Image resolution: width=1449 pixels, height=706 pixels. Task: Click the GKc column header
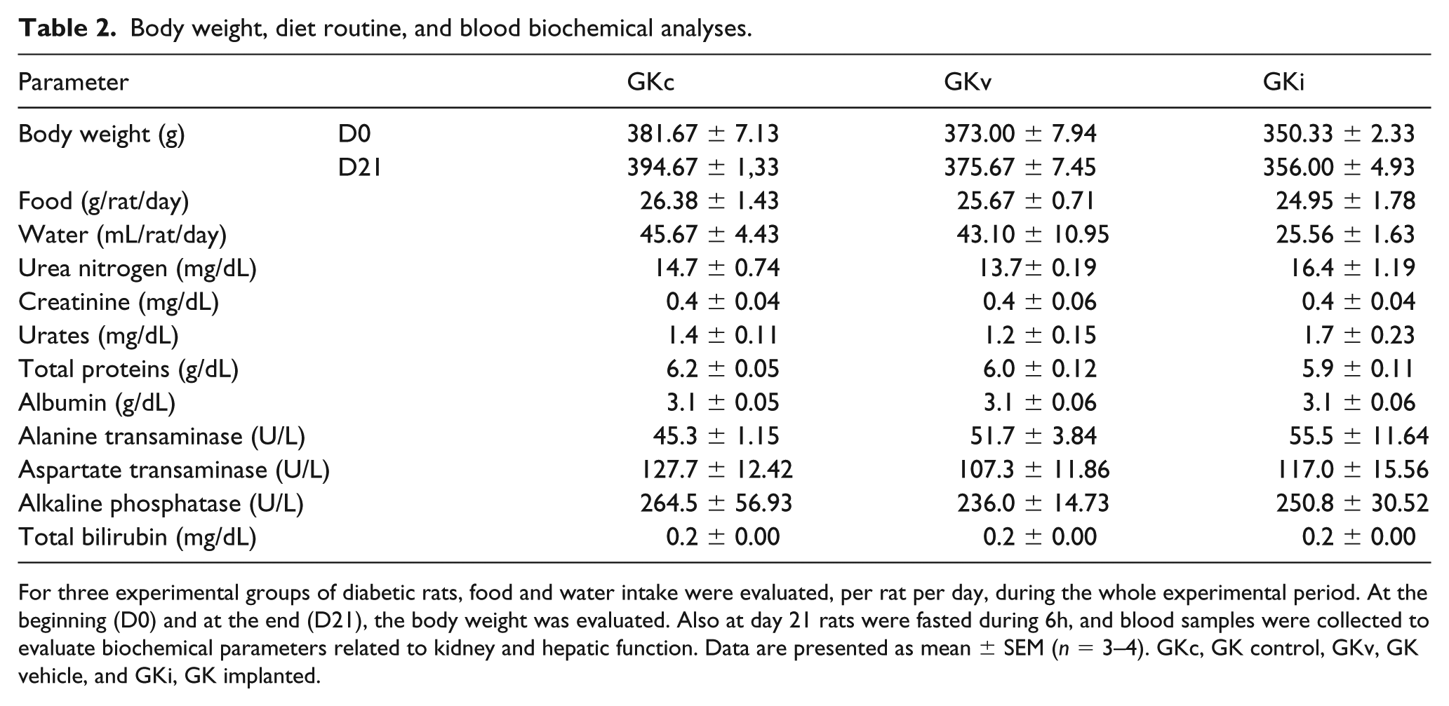650,83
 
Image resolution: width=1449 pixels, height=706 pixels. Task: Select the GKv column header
968,83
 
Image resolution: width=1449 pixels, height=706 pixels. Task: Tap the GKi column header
1283,83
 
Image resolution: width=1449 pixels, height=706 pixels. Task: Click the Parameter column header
74,83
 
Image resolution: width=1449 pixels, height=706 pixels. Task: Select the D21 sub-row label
360,168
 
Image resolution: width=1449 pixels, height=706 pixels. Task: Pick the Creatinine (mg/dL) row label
119,302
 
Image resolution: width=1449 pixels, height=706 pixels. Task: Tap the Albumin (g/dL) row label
97,403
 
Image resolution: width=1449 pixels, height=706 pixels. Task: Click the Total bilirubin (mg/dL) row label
138,538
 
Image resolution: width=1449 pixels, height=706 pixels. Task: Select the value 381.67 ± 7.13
703,134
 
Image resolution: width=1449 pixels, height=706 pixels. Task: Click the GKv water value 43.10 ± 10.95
1033,235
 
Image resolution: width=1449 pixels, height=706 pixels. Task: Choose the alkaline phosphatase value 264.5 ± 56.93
716,504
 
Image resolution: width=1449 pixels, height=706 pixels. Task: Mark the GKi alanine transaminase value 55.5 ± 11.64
1359,437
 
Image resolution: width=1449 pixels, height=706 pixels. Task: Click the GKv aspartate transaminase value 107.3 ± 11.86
1034,470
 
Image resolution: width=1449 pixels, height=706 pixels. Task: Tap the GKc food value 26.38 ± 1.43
709,201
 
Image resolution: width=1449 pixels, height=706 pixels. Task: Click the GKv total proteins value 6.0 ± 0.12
1040,369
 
